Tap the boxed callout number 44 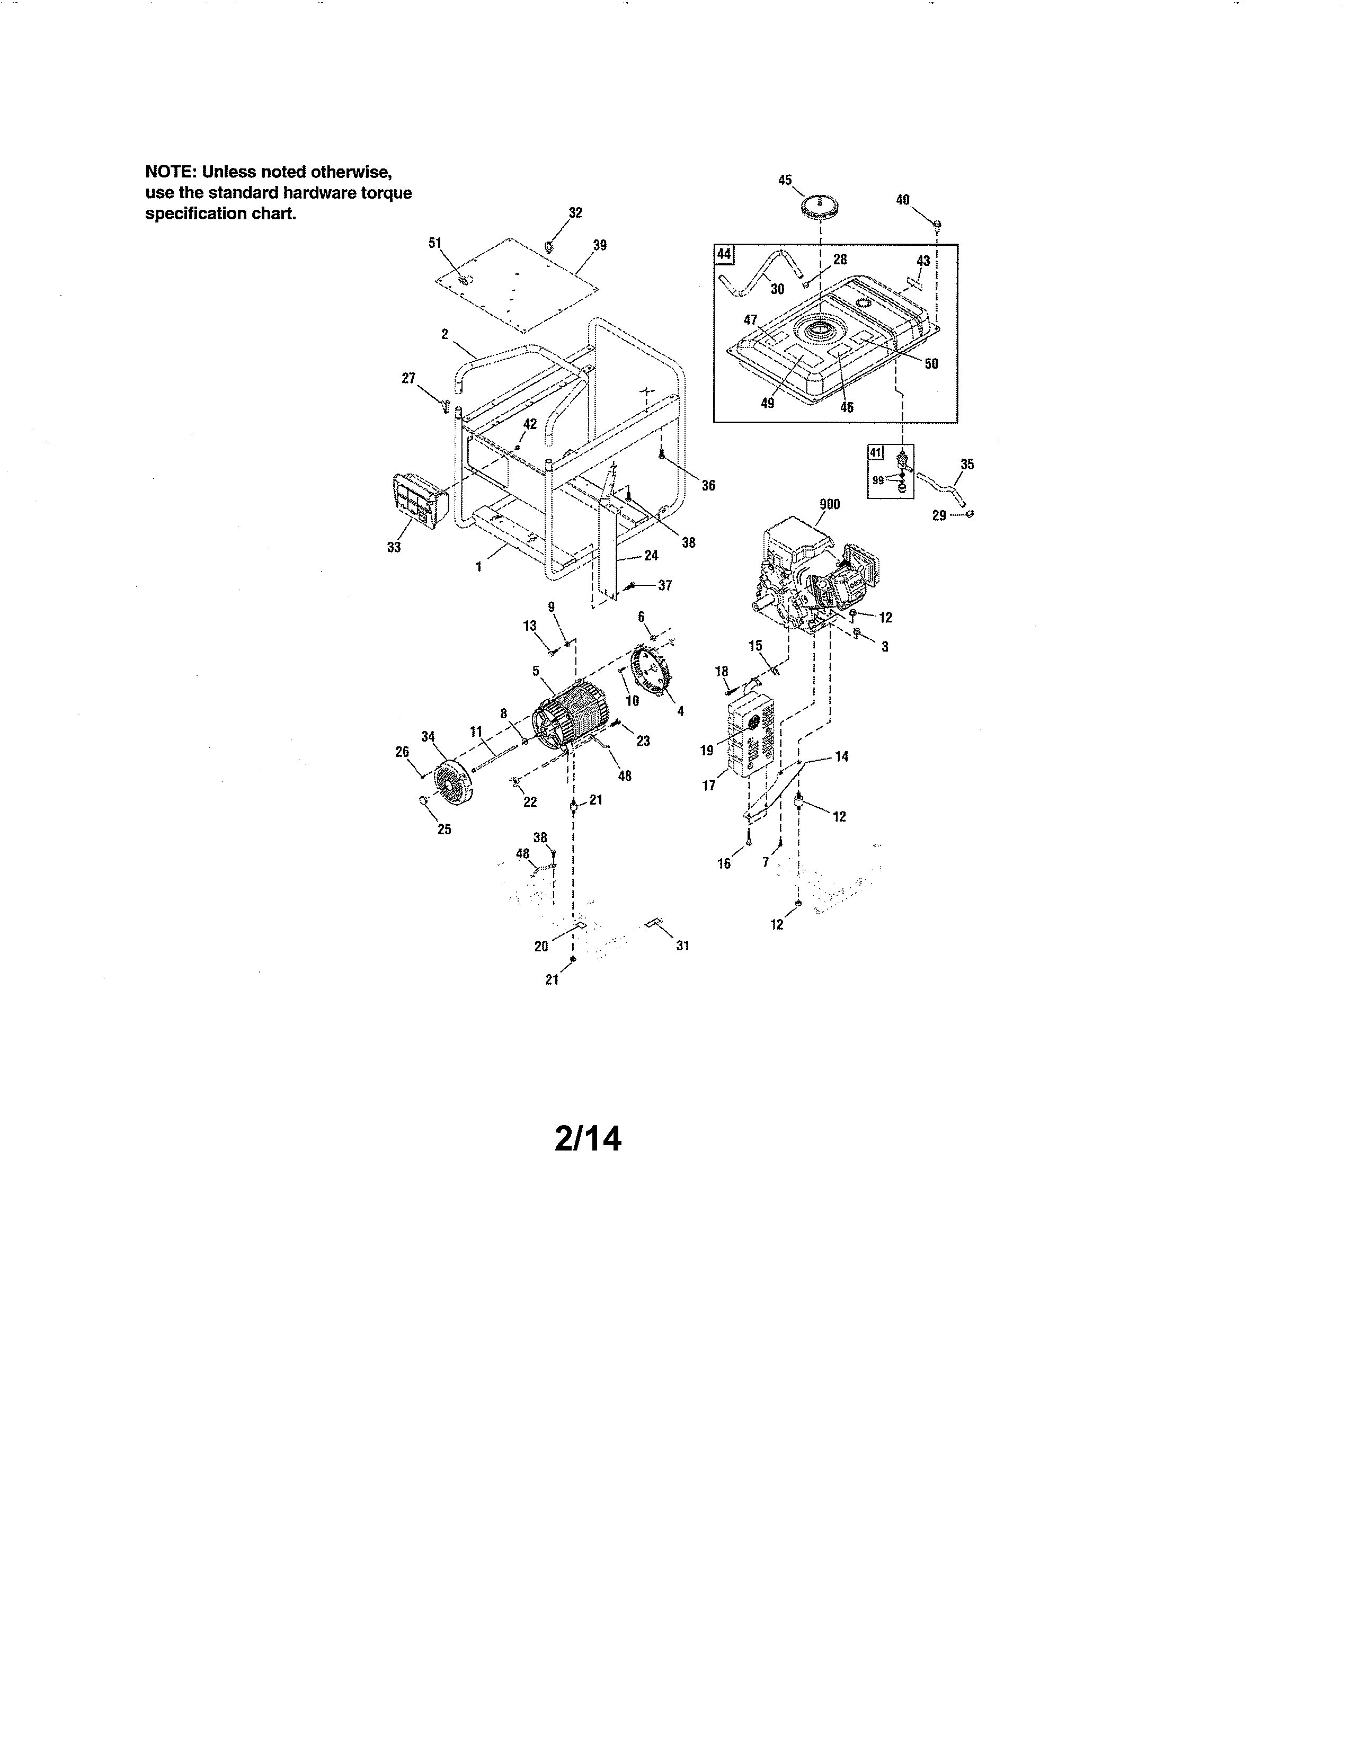[724, 254]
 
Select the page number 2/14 [588, 1138]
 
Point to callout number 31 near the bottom [683, 945]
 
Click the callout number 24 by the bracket [652, 556]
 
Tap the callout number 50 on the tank [931, 363]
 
